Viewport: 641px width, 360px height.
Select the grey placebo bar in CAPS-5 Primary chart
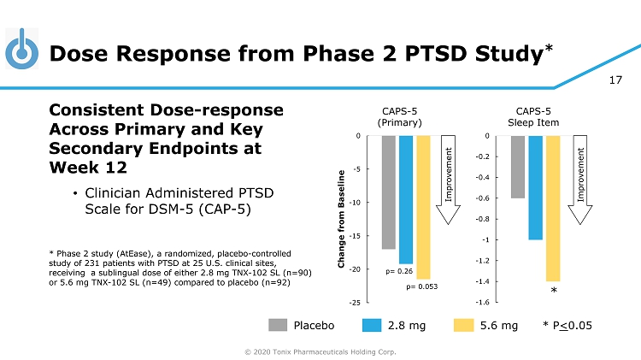389,192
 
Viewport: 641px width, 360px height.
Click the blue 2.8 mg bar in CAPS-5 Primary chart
406,199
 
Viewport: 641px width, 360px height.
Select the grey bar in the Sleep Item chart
518,167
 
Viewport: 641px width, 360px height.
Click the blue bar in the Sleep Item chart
536,187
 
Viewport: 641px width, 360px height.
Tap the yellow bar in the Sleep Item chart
553,208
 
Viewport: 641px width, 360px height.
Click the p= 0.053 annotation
422,286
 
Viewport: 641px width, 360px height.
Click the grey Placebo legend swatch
278,325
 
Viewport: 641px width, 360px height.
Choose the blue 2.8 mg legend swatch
372,325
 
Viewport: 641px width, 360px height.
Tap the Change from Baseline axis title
342,220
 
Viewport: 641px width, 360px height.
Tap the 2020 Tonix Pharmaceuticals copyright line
320,351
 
